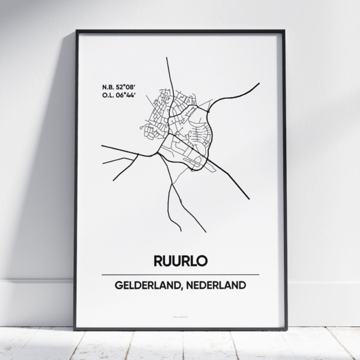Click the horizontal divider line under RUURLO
coord(179,274)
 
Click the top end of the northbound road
coord(166,59)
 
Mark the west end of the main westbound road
coord(102,146)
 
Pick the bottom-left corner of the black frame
coord(75,329)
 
